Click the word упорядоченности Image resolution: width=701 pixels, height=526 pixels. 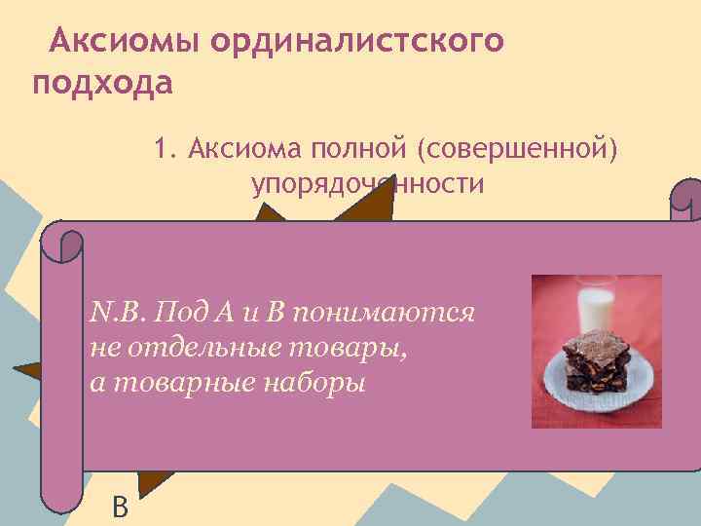pos(367,184)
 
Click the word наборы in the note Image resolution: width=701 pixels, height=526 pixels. pos(316,382)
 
